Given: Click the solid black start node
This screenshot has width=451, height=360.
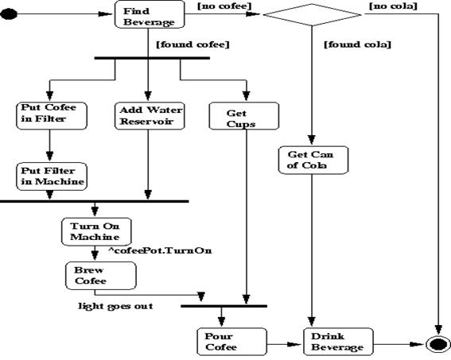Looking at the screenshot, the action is (9, 14).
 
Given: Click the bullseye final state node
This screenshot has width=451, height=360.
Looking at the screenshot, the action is (437, 344).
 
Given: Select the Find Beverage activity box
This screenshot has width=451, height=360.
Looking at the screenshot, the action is (150, 14).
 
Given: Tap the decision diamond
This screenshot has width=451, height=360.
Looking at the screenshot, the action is (312, 14).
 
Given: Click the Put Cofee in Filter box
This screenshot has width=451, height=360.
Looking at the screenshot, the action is (52, 115).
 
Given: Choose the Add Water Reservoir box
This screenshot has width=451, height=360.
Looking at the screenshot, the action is (150, 115).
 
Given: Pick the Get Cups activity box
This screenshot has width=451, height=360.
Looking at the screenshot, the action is (244, 115).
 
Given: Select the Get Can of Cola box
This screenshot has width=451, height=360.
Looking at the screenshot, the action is (313, 160).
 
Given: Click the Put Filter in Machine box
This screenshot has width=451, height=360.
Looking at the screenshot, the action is (52, 176).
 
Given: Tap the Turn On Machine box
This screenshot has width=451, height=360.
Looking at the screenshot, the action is (96, 231).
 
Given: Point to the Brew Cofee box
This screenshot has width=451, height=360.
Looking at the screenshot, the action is (101, 276).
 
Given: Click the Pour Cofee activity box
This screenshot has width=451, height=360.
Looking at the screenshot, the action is (231, 342).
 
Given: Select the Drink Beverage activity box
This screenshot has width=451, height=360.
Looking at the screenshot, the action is (339, 342).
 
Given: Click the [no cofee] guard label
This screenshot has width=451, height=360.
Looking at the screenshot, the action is (224, 6).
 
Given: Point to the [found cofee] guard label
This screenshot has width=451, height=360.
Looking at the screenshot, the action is (192, 45).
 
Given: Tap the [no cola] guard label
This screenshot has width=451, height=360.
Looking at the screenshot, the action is (393, 6).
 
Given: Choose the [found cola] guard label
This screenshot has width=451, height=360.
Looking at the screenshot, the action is (357, 45).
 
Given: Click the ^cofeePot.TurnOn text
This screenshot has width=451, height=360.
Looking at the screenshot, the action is (160, 250).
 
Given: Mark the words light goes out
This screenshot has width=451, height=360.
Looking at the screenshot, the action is (115, 306).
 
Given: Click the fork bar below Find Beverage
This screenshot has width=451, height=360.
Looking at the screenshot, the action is (152, 58).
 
